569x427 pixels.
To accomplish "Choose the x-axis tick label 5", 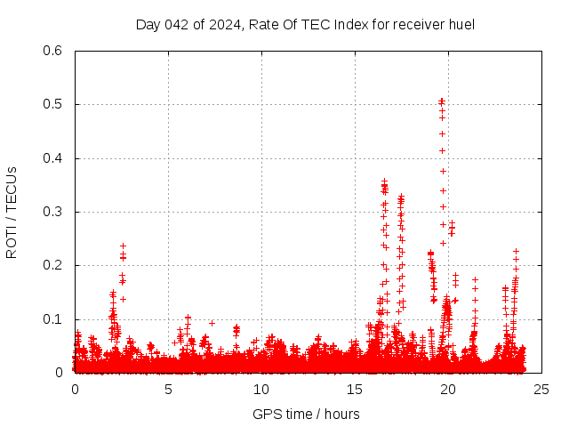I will click(168, 389).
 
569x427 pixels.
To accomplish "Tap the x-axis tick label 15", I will click(355, 389).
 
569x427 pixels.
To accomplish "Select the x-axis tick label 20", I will click(448, 389).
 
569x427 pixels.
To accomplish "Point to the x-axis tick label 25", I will click(541, 389).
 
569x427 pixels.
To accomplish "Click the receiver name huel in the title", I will click(461, 24).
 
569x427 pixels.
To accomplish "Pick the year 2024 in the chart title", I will click(225, 24).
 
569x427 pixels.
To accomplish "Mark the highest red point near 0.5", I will click(442, 101).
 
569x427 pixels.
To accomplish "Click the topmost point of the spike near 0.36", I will click(384, 181).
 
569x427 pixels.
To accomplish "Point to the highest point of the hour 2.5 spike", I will click(123, 246).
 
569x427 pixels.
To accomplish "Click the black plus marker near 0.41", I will click(442, 150).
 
